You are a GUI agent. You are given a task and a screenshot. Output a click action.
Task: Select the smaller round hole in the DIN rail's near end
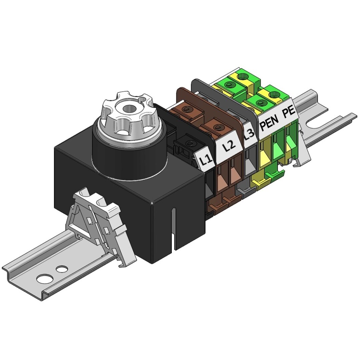click(x=62, y=268)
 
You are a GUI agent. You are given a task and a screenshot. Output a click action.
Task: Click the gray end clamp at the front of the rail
click(x=99, y=225)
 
